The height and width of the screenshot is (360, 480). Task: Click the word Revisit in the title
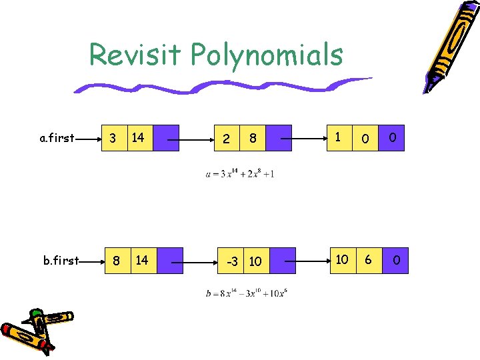point(135,55)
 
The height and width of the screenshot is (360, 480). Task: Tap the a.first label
point(57,139)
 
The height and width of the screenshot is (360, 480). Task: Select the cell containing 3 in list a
point(113,138)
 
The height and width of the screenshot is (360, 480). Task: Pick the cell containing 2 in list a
point(227,139)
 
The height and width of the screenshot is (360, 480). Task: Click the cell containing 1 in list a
point(339,138)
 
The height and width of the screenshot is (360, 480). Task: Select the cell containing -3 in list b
point(233,261)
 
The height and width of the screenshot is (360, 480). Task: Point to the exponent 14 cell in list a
point(139,138)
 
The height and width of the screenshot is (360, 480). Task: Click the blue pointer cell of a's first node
point(166,138)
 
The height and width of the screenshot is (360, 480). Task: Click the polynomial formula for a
point(240,174)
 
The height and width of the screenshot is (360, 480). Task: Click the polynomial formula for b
point(247,293)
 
